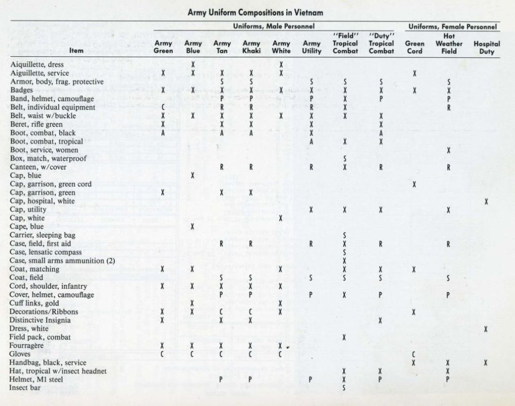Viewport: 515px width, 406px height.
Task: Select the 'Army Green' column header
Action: (163, 47)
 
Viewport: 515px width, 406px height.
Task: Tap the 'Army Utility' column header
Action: (312, 47)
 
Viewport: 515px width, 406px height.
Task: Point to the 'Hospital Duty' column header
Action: (487, 47)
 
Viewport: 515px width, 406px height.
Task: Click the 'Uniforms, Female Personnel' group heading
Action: (453, 26)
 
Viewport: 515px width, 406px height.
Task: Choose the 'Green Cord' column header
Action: (415, 47)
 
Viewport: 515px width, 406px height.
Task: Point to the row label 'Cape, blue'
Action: (27, 226)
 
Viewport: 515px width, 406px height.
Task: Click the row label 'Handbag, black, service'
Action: (48, 362)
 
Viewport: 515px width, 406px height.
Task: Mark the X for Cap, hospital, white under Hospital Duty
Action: (487, 201)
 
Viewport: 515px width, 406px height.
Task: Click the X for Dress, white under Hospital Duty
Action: (487, 329)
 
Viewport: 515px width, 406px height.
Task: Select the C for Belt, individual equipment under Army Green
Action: (163, 108)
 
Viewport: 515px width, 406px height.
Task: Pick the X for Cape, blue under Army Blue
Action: (193, 226)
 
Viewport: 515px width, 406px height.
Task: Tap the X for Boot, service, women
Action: (449, 150)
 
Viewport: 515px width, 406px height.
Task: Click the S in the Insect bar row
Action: (345, 388)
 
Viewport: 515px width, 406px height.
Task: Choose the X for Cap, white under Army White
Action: (281, 218)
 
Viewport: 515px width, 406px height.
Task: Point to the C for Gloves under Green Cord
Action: (415, 354)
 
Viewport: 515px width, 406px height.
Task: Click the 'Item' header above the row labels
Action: (77, 51)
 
